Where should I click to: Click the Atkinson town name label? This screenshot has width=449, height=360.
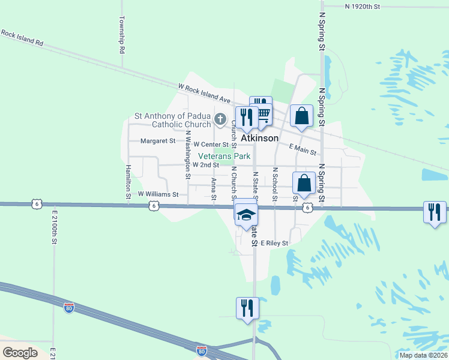click(260, 138)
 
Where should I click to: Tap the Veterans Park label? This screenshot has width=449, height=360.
click(224, 155)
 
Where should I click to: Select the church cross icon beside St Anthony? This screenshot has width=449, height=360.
click(220, 118)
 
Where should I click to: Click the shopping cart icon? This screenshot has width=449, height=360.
click(262, 114)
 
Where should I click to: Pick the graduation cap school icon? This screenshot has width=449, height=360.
click(245, 214)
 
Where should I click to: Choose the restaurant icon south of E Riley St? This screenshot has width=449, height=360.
click(247, 308)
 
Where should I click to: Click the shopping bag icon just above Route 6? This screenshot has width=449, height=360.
click(304, 182)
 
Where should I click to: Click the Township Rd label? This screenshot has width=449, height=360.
click(122, 35)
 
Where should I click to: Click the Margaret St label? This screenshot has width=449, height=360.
click(158, 142)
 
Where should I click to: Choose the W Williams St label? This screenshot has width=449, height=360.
click(158, 194)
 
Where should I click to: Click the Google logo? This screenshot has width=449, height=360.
click(20, 353)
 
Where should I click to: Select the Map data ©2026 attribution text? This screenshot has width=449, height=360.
click(423, 355)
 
